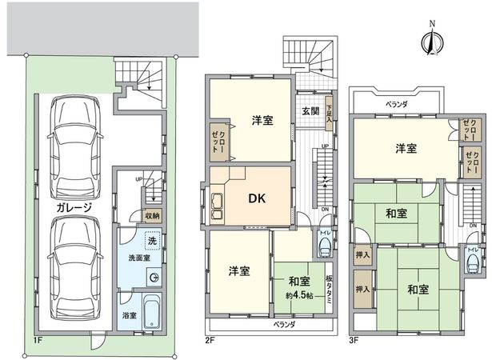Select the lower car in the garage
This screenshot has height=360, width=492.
74,265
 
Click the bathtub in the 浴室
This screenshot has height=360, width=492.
151,308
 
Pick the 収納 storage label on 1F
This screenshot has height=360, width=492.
152,215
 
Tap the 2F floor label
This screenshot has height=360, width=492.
210,340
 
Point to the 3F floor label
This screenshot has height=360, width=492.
355,340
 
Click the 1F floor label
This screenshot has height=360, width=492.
38,340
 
